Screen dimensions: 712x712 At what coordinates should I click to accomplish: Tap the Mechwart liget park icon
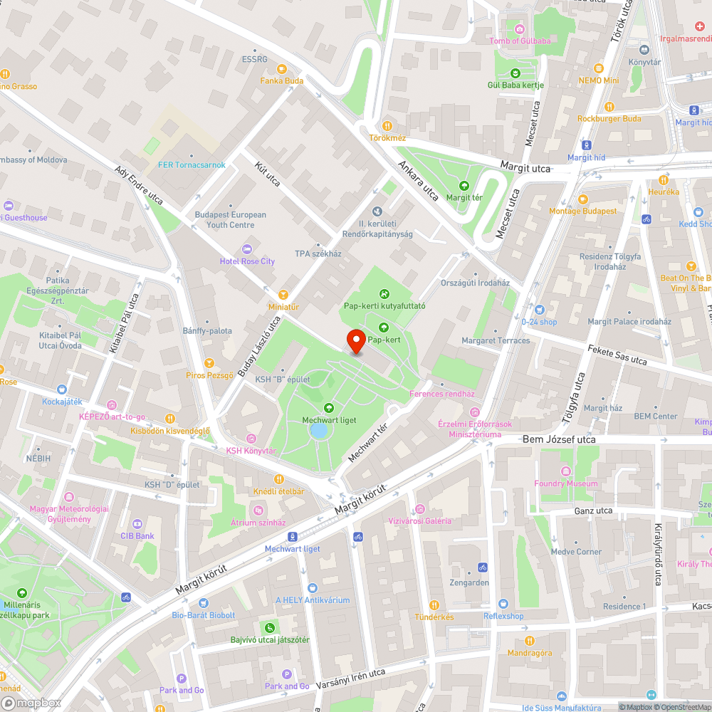pyautogui.click(x=329, y=408)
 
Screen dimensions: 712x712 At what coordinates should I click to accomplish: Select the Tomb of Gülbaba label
pyautogui.click(x=520, y=41)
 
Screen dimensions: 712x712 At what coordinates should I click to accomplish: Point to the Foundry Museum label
pyautogui.click(x=566, y=483)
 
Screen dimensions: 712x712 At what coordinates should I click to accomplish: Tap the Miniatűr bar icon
pyautogui.click(x=283, y=294)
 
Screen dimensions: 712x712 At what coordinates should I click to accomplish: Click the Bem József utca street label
pyautogui.click(x=558, y=439)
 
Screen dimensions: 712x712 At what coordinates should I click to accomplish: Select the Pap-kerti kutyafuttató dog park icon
pyautogui.click(x=384, y=293)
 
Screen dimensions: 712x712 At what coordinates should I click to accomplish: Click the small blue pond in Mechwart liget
pyautogui.click(x=320, y=430)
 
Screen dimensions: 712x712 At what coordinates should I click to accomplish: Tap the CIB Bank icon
pyautogui.click(x=137, y=523)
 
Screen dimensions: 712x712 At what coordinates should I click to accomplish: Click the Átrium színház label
pyautogui.click(x=258, y=522)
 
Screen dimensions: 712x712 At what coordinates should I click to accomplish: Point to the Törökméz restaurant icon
pyautogui.click(x=387, y=125)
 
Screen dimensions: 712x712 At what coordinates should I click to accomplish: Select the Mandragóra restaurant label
pyautogui.click(x=529, y=653)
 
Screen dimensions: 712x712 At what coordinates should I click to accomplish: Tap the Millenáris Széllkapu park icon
pyautogui.click(x=21, y=592)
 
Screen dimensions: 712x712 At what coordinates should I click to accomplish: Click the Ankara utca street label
pyautogui.click(x=418, y=181)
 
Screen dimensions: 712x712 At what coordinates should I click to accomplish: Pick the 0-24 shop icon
pyautogui.click(x=539, y=310)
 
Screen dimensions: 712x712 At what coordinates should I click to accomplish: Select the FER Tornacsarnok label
pyautogui.click(x=192, y=165)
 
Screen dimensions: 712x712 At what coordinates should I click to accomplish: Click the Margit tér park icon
pyautogui.click(x=464, y=185)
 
